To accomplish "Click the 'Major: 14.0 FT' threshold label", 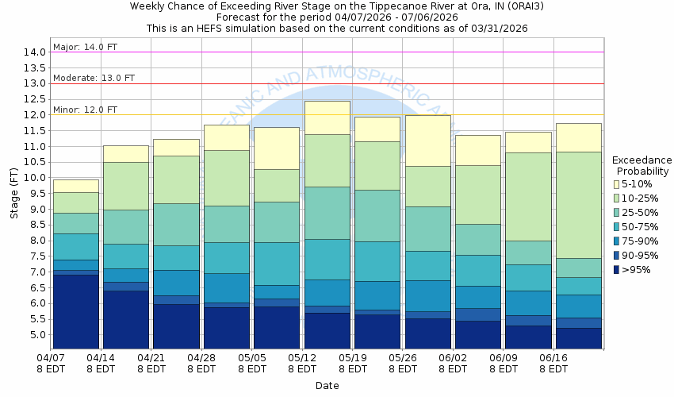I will click(x=85, y=47).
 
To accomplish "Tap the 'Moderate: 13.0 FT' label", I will click(x=94, y=78).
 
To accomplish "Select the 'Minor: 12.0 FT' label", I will click(x=85, y=110).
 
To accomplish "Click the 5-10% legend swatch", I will click(x=617, y=183).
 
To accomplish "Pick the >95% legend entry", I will click(x=617, y=269).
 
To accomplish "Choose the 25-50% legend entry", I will click(x=617, y=212).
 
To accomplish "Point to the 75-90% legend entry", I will click(x=617, y=241).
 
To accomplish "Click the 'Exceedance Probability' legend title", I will click(x=641, y=165).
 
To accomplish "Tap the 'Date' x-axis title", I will click(x=327, y=386).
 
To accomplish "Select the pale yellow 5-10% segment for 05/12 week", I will click(x=327, y=118).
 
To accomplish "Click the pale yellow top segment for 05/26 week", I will click(x=428, y=141).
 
